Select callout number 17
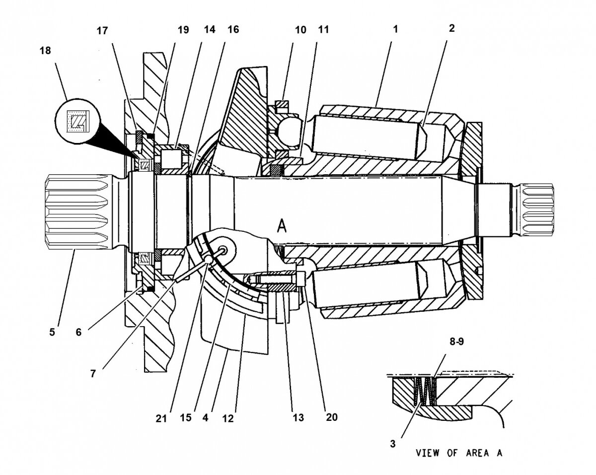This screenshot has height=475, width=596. click(x=102, y=30)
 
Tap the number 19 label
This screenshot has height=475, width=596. click(x=183, y=30)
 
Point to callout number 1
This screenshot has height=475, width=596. click(x=395, y=29)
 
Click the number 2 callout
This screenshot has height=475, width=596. click(x=451, y=29)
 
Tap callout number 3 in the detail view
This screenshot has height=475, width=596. click(x=392, y=444)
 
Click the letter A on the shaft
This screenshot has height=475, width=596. click(x=282, y=226)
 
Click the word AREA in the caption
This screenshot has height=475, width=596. click(x=477, y=453)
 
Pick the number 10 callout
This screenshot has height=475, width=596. click(x=300, y=30)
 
